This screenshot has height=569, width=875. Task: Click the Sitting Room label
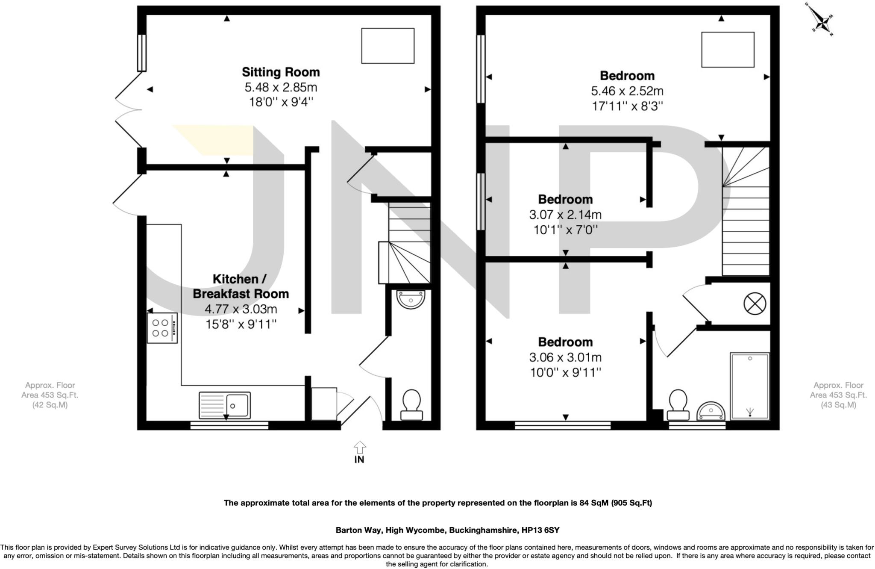tap(281, 72)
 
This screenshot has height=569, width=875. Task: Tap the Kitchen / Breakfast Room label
tap(241, 286)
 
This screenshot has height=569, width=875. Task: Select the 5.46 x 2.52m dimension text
tap(627, 91)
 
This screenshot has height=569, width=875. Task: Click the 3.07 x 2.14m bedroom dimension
tap(565, 215)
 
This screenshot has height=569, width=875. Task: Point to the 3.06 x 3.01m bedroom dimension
tap(565, 357)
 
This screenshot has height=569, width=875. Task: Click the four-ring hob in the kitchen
tap(162, 328)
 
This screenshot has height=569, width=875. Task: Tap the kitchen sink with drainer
tap(225, 405)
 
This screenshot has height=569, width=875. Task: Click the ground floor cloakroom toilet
tap(411, 404)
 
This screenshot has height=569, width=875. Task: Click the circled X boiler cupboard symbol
tap(755, 304)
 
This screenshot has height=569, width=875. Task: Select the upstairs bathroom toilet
tap(678, 404)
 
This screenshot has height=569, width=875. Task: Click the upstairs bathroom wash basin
tap(711, 411)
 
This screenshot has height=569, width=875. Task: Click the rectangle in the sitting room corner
tap(388, 46)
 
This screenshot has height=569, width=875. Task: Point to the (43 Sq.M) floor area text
tap(838, 405)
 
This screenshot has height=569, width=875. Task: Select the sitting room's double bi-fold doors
tap(128, 110)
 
